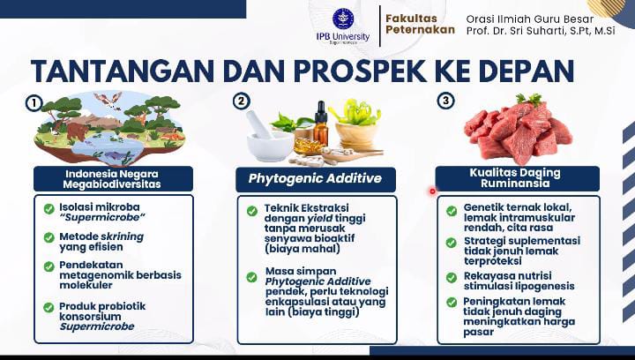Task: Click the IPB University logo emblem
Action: (343, 19)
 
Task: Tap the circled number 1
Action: (34, 103)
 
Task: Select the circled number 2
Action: (242, 101)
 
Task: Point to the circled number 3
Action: (445, 101)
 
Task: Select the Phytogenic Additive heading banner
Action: (316, 179)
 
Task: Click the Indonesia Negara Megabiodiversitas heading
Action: (112, 179)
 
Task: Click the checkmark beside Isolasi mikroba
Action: (49, 209)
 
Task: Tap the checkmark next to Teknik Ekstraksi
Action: (252, 211)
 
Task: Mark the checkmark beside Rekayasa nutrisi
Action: (452, 278)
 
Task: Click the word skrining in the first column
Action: (122, 236)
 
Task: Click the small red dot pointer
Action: (432, 191)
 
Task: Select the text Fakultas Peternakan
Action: (420, 25)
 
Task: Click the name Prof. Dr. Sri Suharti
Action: (513, 31)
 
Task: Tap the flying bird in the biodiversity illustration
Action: (108, 100)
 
